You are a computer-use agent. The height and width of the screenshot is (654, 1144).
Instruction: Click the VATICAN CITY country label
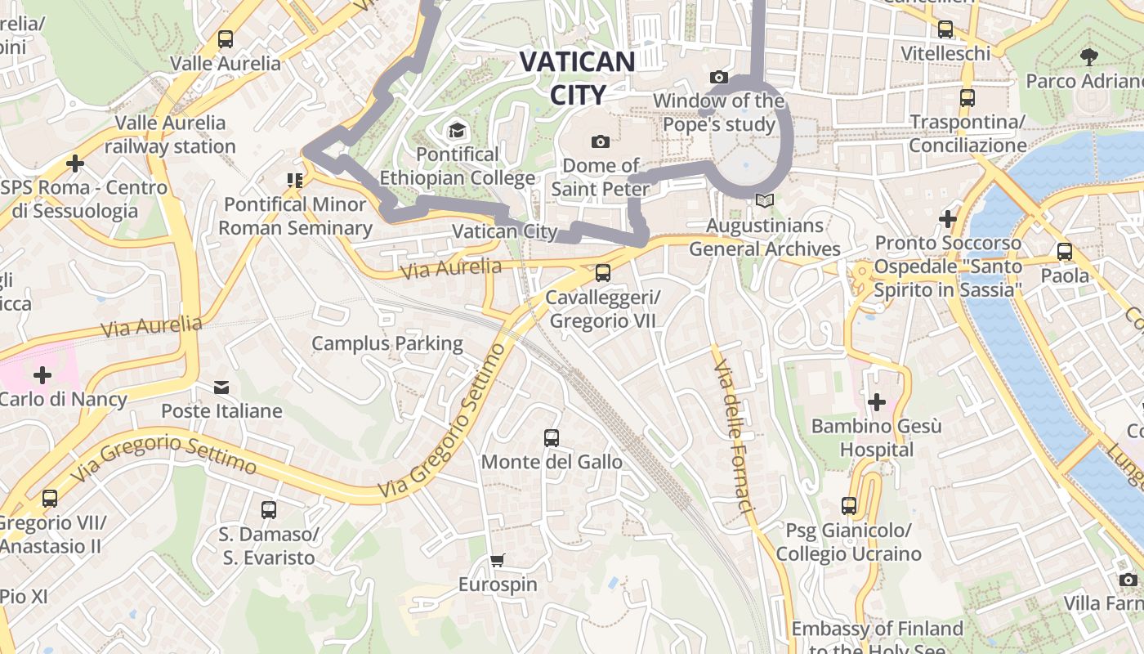577,78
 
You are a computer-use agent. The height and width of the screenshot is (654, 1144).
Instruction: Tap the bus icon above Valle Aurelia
225,38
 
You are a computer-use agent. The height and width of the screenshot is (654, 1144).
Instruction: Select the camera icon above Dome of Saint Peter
601,141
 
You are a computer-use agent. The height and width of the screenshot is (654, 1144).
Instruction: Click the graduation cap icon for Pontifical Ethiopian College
456,130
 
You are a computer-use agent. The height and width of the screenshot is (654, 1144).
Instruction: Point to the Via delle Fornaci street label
731,437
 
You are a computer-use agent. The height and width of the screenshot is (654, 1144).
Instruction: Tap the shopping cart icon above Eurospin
497,560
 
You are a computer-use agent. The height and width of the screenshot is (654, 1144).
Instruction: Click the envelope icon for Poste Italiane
221,387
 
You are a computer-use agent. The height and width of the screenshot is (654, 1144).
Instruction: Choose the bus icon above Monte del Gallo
552,437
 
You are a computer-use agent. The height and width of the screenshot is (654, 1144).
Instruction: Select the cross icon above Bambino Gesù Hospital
877,401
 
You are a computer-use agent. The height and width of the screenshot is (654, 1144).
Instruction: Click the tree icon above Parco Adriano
1088,56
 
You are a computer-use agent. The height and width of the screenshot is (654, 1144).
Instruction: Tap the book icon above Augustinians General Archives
764,200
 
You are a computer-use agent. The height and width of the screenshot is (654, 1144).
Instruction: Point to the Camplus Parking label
387,343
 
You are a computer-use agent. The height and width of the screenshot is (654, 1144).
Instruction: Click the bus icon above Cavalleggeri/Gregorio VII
602,272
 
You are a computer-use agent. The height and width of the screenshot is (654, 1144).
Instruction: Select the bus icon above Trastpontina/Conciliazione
967,98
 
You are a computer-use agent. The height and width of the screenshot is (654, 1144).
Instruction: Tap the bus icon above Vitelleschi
945,29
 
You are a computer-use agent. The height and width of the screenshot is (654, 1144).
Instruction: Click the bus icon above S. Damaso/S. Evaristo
269,510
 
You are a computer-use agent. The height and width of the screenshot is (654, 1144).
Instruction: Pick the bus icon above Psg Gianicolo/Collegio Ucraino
849,506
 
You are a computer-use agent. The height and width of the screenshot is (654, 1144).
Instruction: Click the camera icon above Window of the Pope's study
719,77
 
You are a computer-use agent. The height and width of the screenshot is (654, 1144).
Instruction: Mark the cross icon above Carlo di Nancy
42,375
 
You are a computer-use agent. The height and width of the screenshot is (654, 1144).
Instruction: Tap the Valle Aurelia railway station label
170,135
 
